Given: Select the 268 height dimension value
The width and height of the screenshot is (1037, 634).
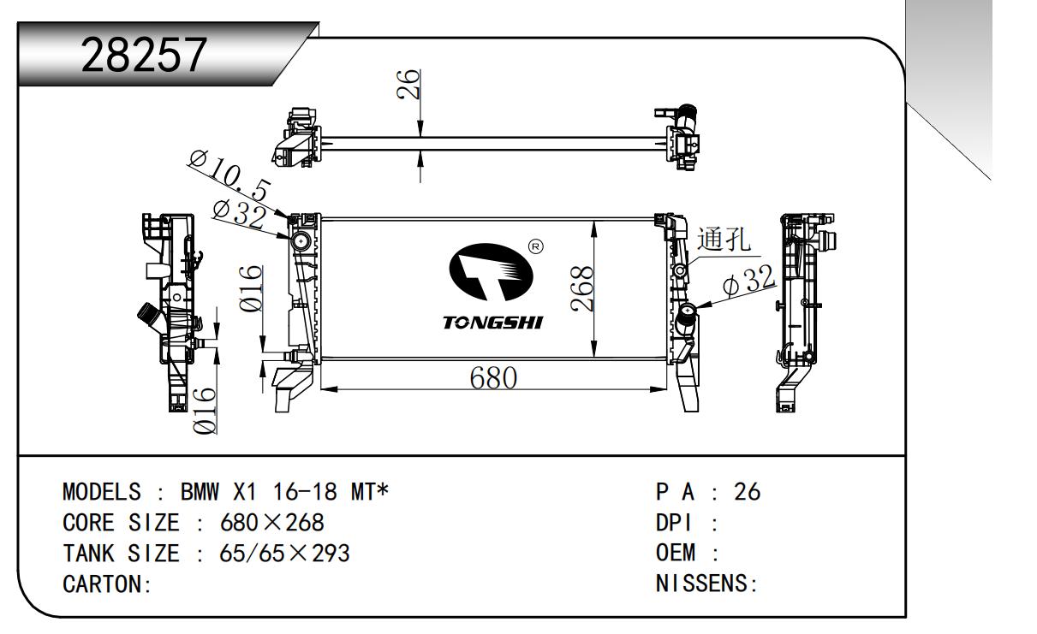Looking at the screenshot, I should coord(581,289).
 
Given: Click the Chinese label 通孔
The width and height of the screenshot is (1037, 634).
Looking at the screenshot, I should coord(725,240).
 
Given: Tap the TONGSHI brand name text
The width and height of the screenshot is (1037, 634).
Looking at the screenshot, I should coord(492,323).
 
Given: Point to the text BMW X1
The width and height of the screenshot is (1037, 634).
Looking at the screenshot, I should coord(218,492).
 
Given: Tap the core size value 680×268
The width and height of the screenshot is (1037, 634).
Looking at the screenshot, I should coord(272,523).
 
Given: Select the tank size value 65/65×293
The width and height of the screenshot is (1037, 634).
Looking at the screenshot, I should coord(284,554).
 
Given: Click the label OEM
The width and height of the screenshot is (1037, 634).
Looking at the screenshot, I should coord(675,554).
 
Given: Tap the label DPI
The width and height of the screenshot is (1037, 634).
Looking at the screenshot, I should coord(675,523).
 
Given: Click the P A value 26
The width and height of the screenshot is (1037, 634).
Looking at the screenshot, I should coord(747,492).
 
